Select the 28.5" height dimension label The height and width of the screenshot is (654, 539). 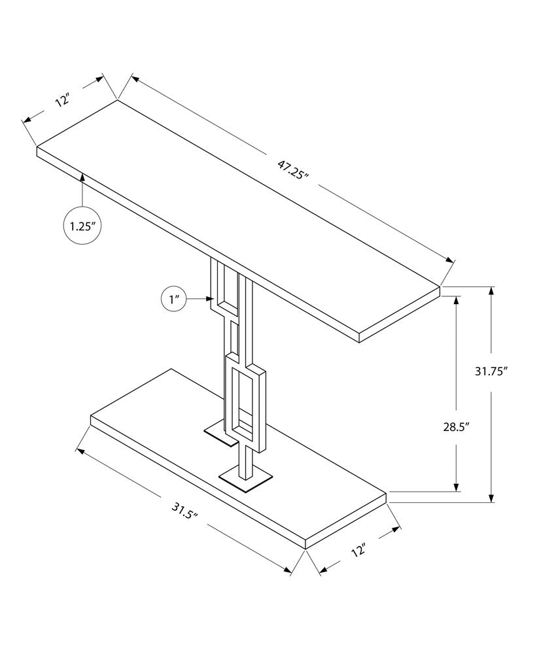[456, 427]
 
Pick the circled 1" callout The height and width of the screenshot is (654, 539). [174, 300]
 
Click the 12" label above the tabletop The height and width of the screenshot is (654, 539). [62, 101]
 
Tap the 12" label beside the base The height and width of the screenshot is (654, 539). [358, 549]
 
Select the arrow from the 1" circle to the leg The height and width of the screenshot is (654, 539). [200, 300]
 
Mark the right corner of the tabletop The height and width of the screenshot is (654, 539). [439, 286]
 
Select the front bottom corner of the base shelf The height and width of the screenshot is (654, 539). [306, 548]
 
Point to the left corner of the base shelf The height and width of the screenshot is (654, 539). [91, 417]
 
